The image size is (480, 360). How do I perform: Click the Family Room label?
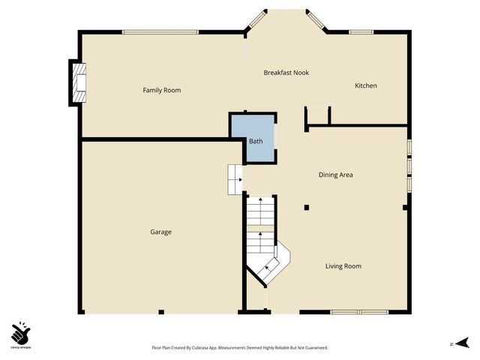coord(162,90)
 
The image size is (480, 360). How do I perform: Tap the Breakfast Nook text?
coord(286,73)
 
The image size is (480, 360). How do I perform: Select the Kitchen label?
coord(365,85)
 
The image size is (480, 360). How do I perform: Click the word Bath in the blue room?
coord(256,140)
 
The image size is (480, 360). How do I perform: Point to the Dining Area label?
coord(335,175)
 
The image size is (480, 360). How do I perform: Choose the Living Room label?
coord(343,266)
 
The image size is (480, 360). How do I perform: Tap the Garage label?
coord(160,232)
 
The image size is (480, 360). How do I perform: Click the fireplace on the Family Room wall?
coord(78,82)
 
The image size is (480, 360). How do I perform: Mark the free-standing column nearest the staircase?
coord(306,207)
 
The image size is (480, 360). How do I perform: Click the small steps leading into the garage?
coord(235,180)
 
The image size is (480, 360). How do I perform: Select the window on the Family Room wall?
coord(160,31)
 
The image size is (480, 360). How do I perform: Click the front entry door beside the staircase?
coord(263,300)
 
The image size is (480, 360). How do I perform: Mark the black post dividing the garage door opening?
coord(160,311)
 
